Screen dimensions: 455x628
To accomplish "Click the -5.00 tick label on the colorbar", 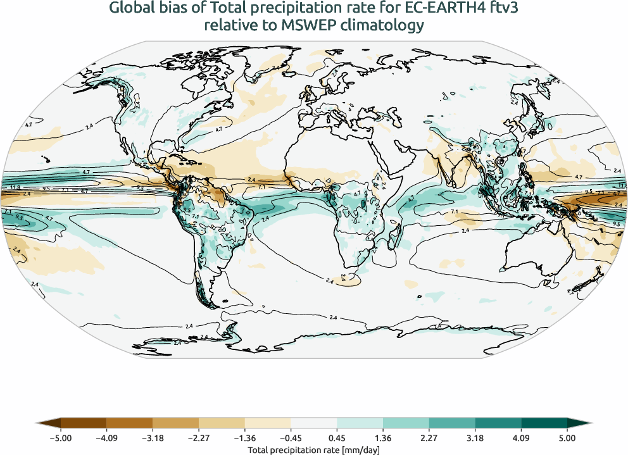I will tap(60, 438).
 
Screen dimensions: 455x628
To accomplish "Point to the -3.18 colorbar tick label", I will tap(153, 438).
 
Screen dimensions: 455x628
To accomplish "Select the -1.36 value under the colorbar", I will tap(244, 438).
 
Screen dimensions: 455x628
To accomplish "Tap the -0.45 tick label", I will tap(291, 438).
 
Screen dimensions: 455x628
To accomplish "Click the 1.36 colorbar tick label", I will tap(383, 438).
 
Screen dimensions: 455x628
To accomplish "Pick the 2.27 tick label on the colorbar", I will tap(429, 438).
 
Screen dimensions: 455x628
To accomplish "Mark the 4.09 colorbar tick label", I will tap(521, 438).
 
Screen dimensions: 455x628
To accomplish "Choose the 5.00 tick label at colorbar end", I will tap(567, 438).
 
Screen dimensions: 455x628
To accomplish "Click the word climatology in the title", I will tap(386, 25).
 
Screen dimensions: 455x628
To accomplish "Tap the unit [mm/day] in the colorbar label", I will tap(358, 449).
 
